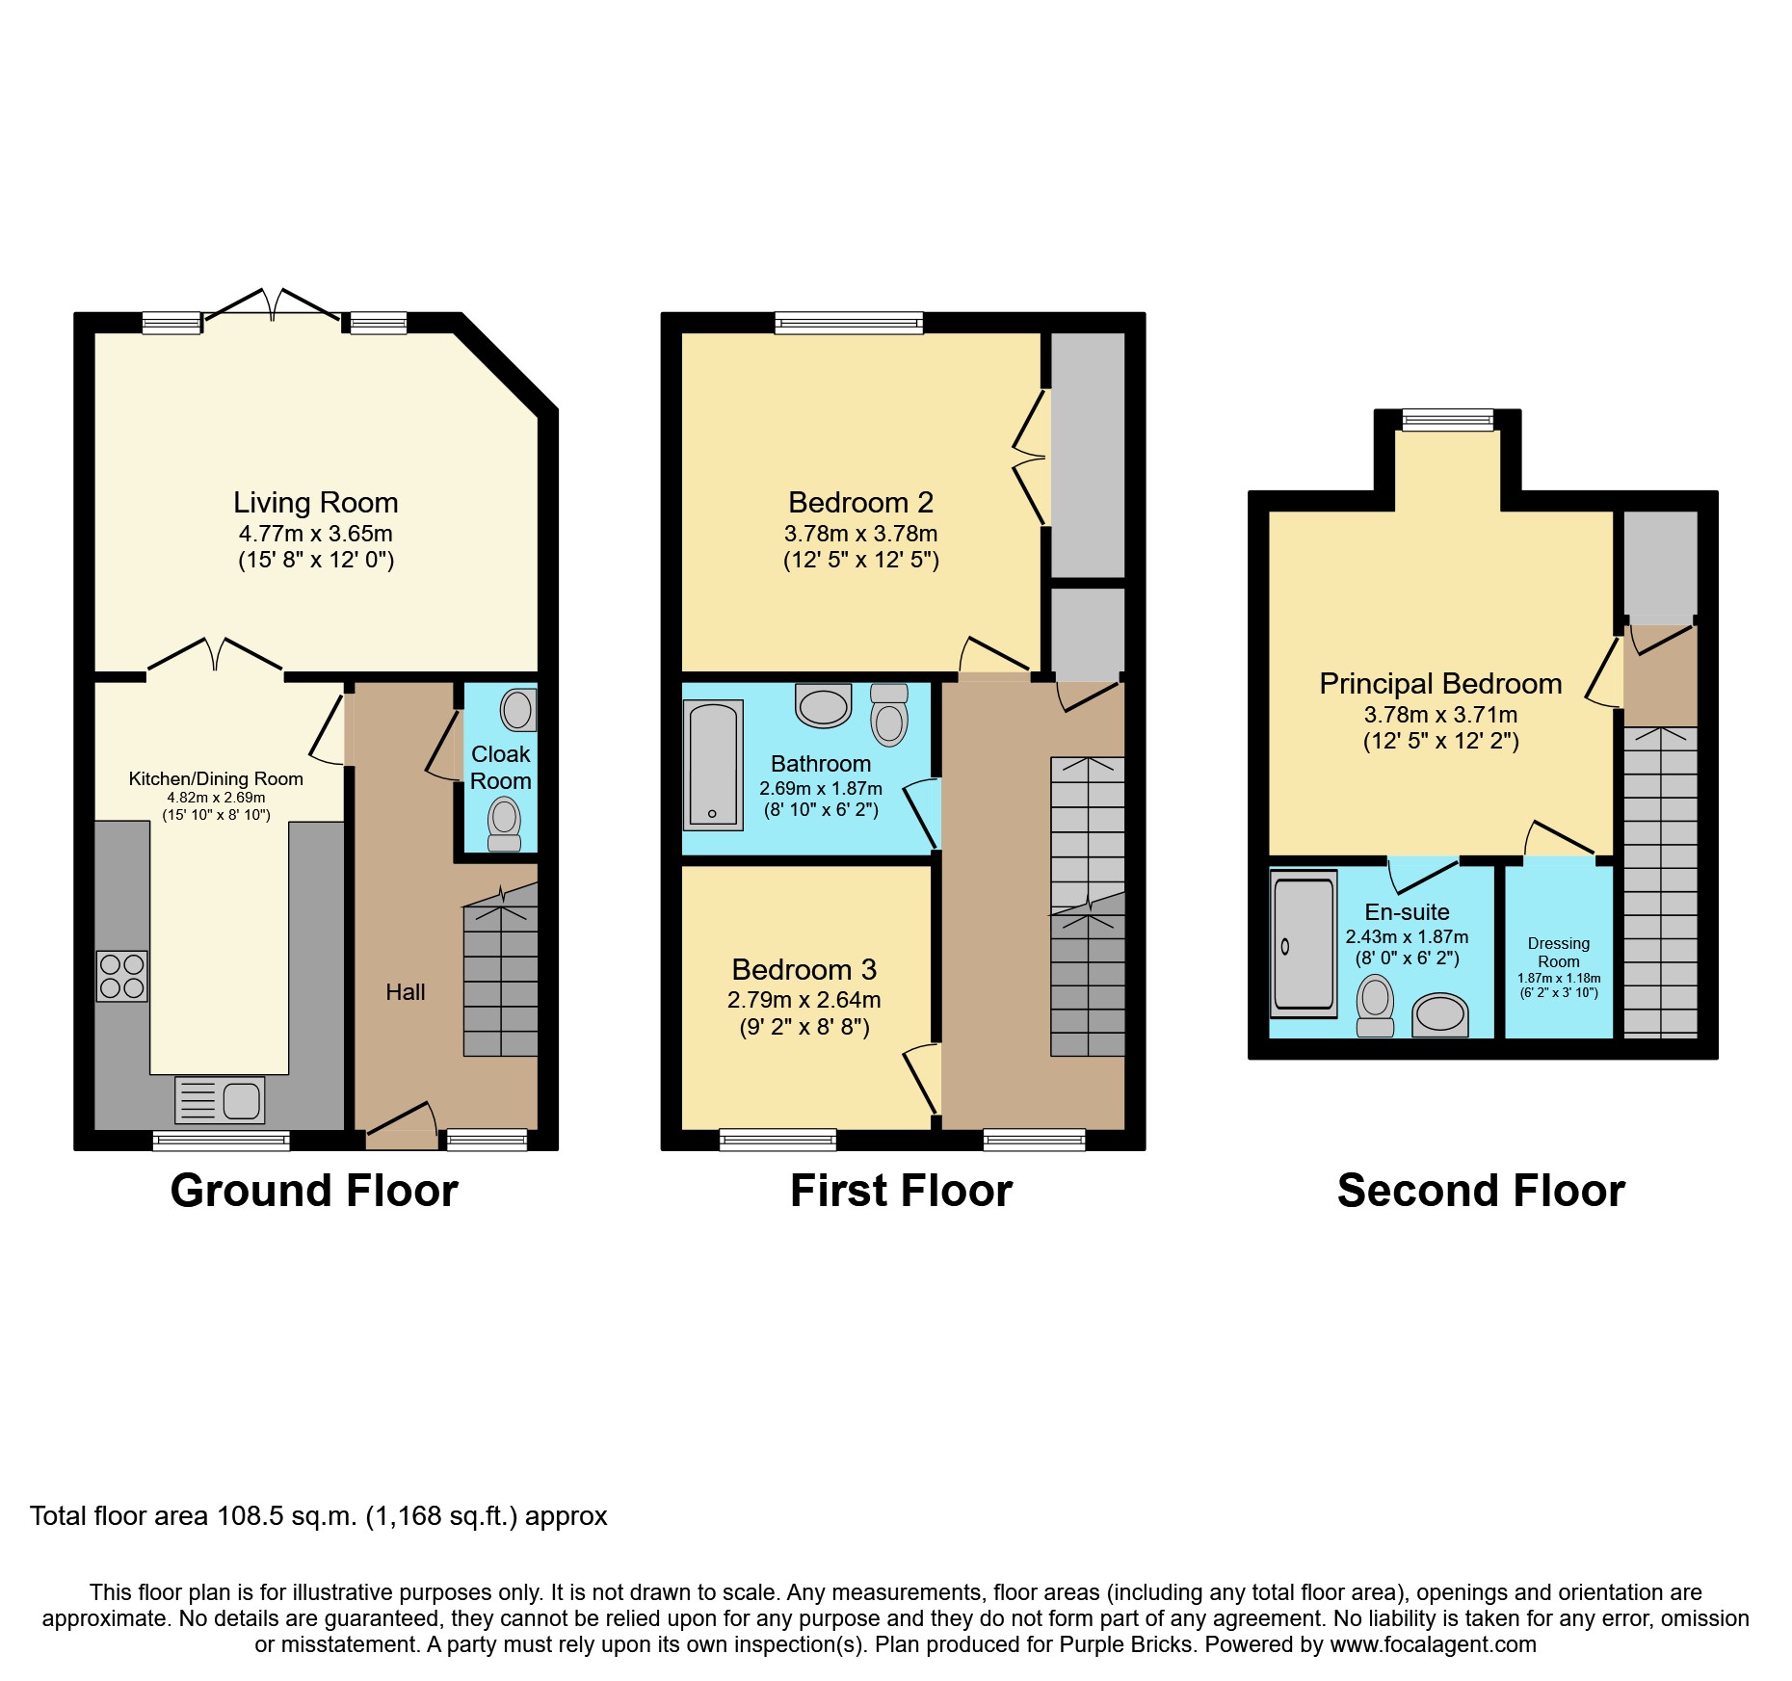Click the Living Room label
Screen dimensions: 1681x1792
(x=315, y=503)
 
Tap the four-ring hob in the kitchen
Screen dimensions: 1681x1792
(x=122, y=976)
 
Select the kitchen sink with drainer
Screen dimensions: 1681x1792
(x=220, y=1100)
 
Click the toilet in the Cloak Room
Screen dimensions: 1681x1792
(x=504, y=824)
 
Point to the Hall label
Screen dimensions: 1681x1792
(x=405, y=992)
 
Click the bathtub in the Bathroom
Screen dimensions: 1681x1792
(x=713, y=765)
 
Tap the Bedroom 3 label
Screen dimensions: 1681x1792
(x=804, y=969)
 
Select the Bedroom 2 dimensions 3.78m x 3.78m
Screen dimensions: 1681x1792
(x=860, y=534)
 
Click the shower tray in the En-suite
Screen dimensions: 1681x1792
(x=1304, y=944)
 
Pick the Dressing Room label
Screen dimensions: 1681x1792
(x=1558, y=953)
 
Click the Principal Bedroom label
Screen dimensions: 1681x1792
(x=1439, y=684)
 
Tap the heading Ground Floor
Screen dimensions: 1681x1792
(x=314, y=1191)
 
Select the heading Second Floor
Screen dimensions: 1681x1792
(x=1481, y=1191)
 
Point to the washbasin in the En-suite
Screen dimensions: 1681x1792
(x=1439, y=1014)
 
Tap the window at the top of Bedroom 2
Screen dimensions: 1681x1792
(x=849, y=323)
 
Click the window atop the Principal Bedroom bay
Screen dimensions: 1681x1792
(x=1447, y=419)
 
